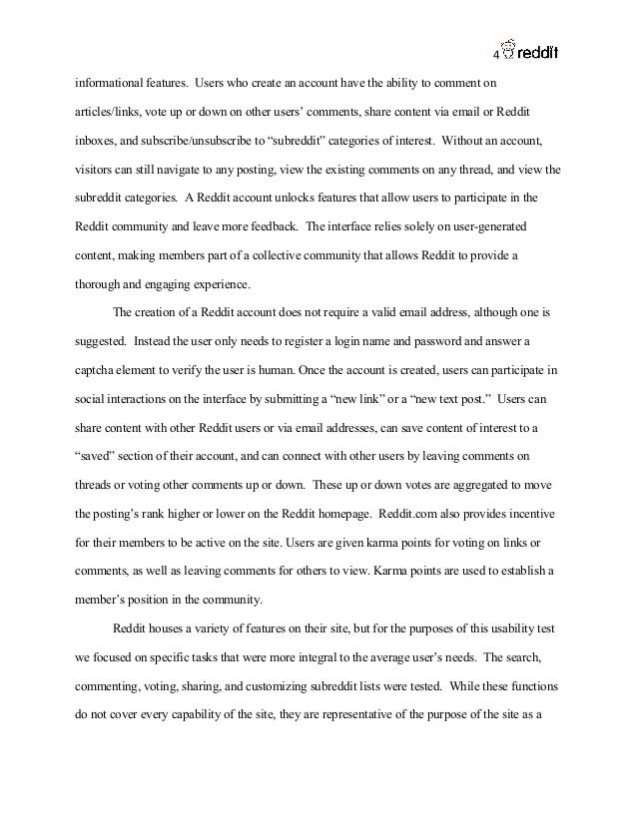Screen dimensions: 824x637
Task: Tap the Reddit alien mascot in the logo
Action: pyautogui.click(x=509, y=47)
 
